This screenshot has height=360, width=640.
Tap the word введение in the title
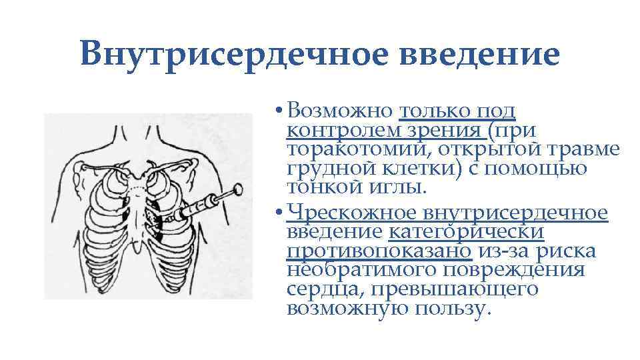click(479, 54)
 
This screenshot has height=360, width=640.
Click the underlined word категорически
click(467, 232)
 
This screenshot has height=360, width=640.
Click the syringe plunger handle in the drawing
click(237, 193)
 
